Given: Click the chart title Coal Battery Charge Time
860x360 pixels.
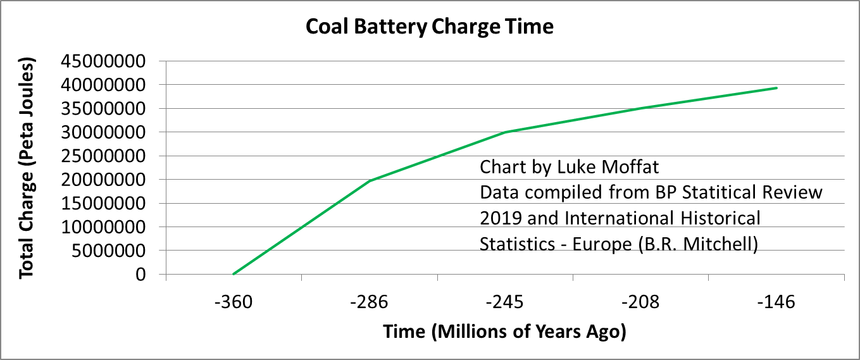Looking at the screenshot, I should pos(430,27).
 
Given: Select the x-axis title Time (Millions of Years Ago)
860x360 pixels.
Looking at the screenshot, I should pos(504,332).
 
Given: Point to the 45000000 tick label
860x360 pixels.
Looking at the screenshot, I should pos(111,61).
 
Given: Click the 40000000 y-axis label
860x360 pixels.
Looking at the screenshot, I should pos(111,85).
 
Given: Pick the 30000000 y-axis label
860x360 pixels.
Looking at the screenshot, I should pos(111,132).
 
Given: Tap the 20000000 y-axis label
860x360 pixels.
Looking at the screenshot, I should pos(111,180).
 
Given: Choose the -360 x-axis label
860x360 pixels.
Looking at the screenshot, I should pos(234,302).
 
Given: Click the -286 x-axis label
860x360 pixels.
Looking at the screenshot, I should pos(369,302).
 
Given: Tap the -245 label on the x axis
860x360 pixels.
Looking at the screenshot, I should pos(505,302).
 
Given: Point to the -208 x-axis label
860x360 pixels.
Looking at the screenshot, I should pos(640,302).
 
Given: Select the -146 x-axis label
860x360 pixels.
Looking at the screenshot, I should pos(776,302).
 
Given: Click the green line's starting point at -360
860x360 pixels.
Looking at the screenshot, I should pos(234,274).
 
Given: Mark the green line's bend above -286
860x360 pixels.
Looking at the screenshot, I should pos(370,181).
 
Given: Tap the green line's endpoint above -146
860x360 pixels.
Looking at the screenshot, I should pos(776,88).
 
